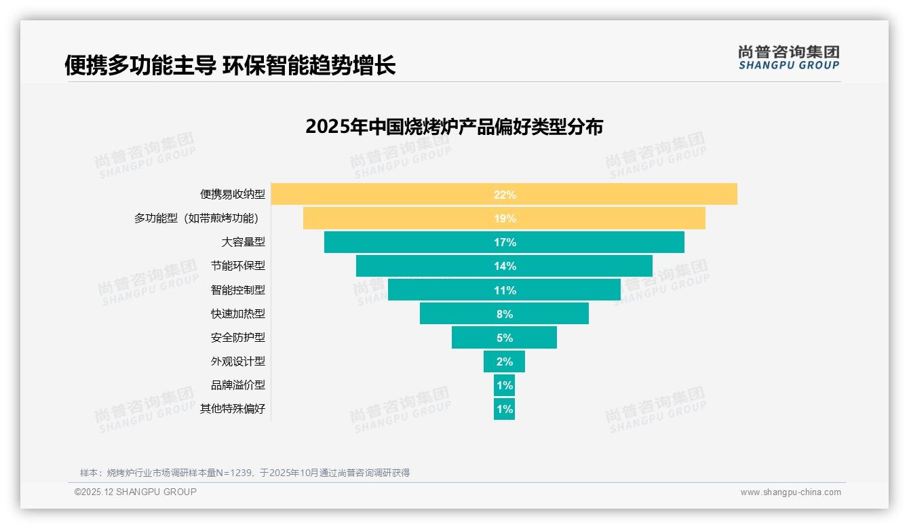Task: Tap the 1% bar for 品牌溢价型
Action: [x=504, y=385]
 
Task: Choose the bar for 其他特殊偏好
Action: [x=504, y=409]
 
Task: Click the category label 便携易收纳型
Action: [x=232, y=195]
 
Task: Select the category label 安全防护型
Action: [x=237, y=337]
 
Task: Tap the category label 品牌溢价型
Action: [x=237, y=385]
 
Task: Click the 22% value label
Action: [x=505, y=195]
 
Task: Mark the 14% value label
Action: [x=505, y=266]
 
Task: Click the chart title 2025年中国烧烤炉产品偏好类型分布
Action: [x=454, y=127]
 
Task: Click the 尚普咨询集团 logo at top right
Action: [x=788, y=57]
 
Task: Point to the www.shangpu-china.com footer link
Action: [x=790, y=492]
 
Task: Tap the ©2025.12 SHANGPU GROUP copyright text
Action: [x=136, y=492]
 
